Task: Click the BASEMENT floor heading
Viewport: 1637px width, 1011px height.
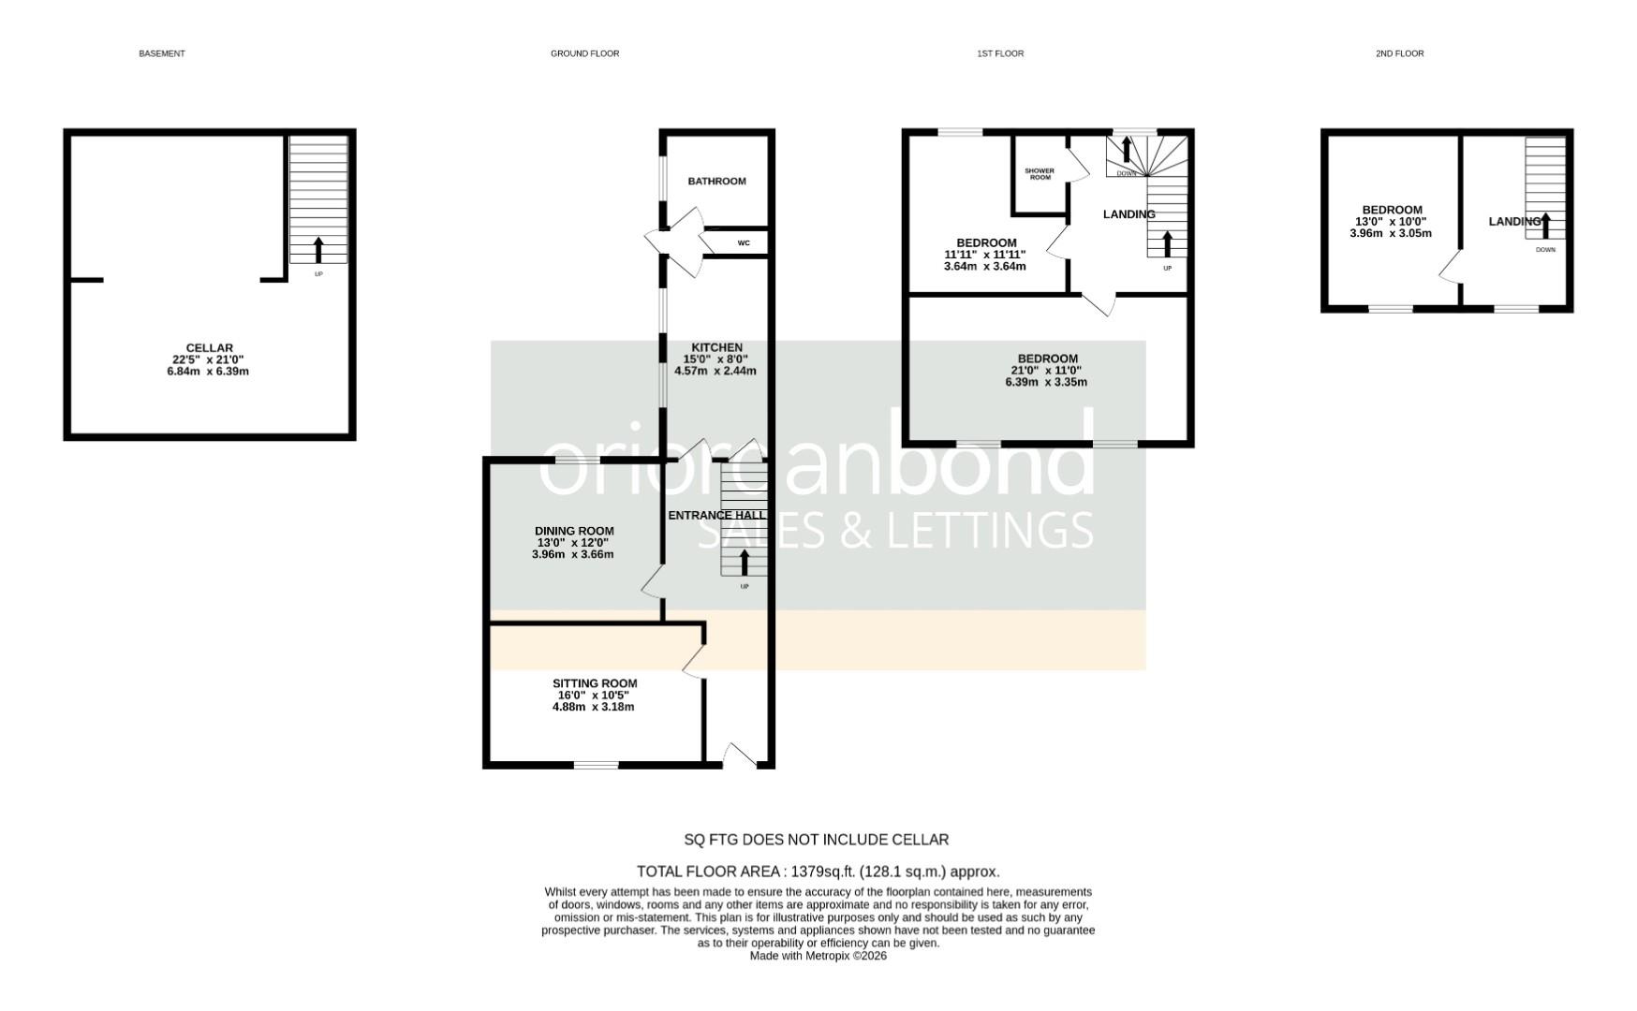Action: (x=162, y=53)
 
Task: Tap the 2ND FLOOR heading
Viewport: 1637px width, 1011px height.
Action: (x=1399, y=53)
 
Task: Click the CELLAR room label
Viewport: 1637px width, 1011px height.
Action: (x=209, y=348)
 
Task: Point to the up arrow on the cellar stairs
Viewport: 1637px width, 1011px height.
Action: (x=318, y=249)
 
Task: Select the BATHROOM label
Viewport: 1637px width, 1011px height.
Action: (x=716, y=181)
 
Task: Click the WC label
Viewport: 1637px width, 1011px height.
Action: (x=744, y=243)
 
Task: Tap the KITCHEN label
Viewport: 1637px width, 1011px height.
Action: (x=716, y=347)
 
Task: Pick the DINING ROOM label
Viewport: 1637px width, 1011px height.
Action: (x=574, y=531)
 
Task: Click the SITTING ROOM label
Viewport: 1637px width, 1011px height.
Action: (x=595, y=683)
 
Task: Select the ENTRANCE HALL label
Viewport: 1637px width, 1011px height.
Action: (x=715, y=515)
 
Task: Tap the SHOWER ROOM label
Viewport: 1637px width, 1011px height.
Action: (x=1040, y=174)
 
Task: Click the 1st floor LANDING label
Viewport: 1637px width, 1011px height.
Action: (x=1128, y=214)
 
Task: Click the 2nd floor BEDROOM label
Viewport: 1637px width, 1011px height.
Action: (x=1392, y=210)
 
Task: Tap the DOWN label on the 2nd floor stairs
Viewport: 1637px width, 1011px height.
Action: (x=1545, y=250)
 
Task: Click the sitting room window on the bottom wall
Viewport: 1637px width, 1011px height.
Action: (x=596, y=766)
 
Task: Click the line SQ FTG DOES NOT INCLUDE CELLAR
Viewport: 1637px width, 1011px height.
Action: (x=817, y=840)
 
